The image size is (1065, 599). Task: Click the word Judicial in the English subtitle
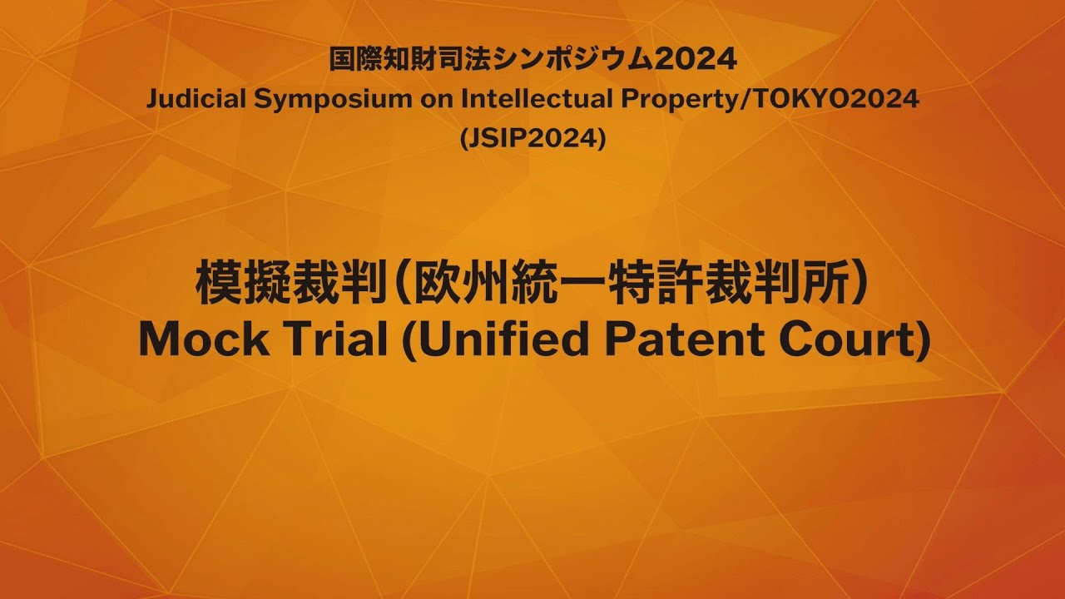[196, 100]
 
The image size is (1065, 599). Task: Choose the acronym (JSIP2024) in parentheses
[532, 140]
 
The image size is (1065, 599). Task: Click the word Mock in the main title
[203, 340]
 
